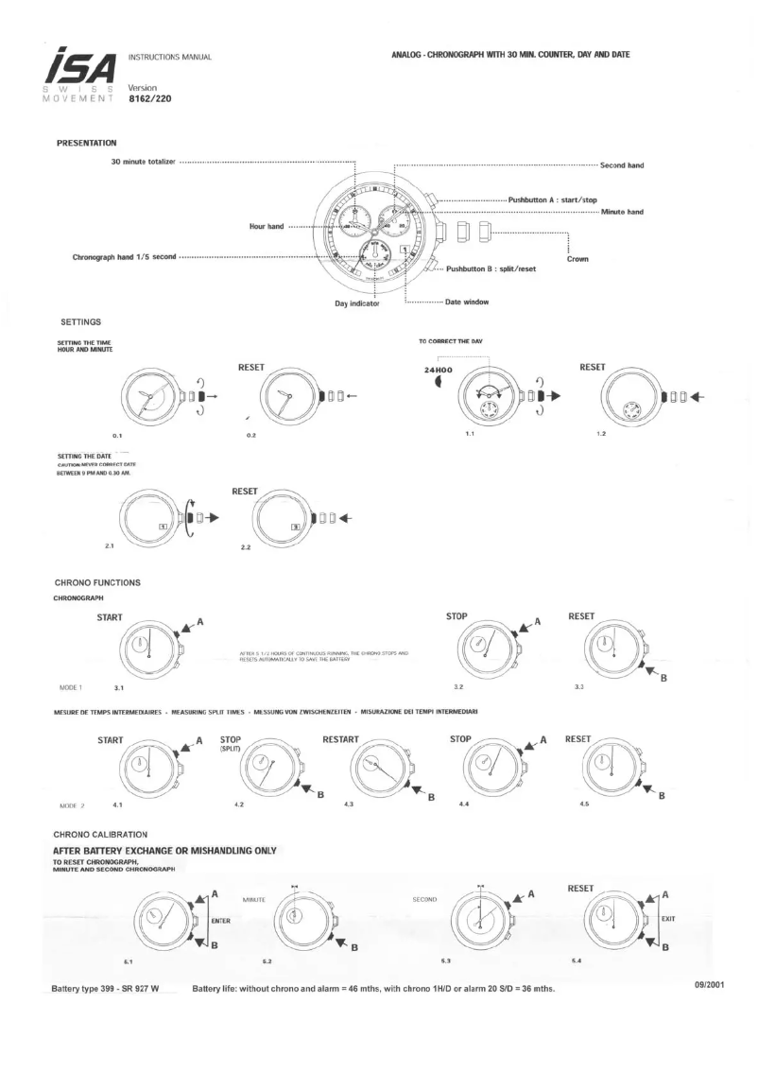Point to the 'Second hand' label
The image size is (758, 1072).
click(622, 165)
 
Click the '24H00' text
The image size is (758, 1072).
click(442, 371)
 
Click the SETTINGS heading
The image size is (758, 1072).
click(80, 323)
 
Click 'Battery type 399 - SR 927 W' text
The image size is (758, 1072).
click(104, 989)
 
